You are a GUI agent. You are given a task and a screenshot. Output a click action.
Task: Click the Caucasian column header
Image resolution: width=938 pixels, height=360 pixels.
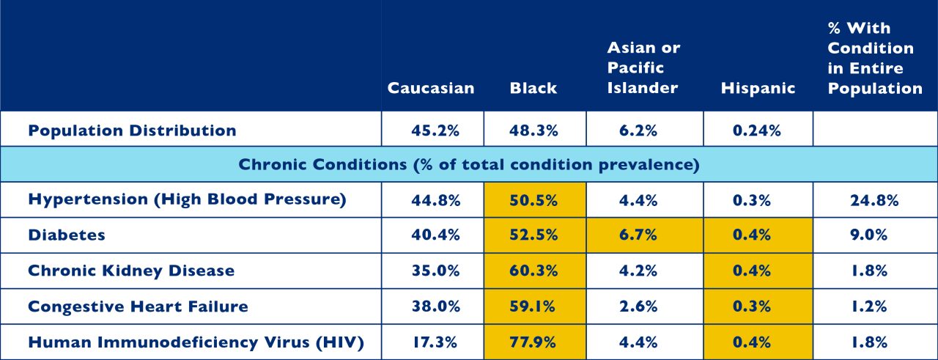click(x=431, y=88)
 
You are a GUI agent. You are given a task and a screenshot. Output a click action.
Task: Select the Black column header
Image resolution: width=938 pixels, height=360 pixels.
click(x=533, y=88)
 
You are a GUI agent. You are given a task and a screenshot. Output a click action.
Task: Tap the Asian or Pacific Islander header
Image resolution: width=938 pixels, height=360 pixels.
click(x=643, y=68)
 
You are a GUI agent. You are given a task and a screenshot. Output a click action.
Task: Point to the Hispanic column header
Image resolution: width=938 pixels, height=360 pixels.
click(x=758, y=88)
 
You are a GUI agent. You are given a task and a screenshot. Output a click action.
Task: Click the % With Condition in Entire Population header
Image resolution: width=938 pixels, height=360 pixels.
click(x=875, y=58)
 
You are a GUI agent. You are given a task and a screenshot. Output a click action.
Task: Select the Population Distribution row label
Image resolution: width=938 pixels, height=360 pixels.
click(x=133, y=131)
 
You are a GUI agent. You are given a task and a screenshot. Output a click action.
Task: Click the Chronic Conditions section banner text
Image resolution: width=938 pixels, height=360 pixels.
click(x=469, y=164)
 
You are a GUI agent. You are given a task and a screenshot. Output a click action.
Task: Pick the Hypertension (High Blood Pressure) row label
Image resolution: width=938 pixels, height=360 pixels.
click(x=187, y=199)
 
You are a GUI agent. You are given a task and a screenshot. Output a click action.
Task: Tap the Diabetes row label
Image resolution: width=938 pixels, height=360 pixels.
click(x=67, y=235)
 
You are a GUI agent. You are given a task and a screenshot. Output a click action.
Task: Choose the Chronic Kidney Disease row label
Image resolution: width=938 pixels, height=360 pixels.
click(x=131, y=271)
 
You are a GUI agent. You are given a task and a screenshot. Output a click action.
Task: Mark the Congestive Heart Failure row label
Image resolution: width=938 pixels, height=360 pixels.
click(x=139, y=306)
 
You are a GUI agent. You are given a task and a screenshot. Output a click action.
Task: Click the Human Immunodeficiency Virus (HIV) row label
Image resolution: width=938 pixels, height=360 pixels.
click(x=196, y=342)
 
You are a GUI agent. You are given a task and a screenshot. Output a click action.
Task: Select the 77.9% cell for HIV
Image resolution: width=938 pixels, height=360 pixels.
click(x=533, y=342)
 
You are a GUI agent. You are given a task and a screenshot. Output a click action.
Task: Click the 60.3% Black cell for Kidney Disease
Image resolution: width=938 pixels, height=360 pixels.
click(x=533, y=271)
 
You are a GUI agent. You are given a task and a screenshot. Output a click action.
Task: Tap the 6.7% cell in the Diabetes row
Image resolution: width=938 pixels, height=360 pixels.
click(x=638, y=235)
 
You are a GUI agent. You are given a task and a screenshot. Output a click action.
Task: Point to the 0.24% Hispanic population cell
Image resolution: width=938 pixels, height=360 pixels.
click(x=757, y=131)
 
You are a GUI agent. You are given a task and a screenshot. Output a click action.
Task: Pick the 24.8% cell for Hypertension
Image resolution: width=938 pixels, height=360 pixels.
click(x=874, y=200)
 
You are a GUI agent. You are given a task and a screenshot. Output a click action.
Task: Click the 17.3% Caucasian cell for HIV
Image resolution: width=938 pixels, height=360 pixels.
click(x=435, y=342)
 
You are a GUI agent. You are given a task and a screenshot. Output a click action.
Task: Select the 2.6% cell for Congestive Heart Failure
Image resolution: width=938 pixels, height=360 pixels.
click(x=638, y=306)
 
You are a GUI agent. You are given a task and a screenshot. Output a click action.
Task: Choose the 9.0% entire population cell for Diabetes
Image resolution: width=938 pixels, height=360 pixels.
click(x=869, y=235)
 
